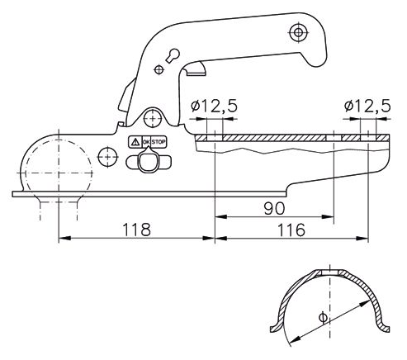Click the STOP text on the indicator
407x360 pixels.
[x=159, y=142]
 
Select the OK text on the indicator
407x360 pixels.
[x=146, y=142]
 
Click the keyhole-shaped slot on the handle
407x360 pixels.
[x=174, y=54]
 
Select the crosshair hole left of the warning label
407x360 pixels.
[x=106, y=154]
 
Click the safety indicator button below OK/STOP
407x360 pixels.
[x=147, y=163]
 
